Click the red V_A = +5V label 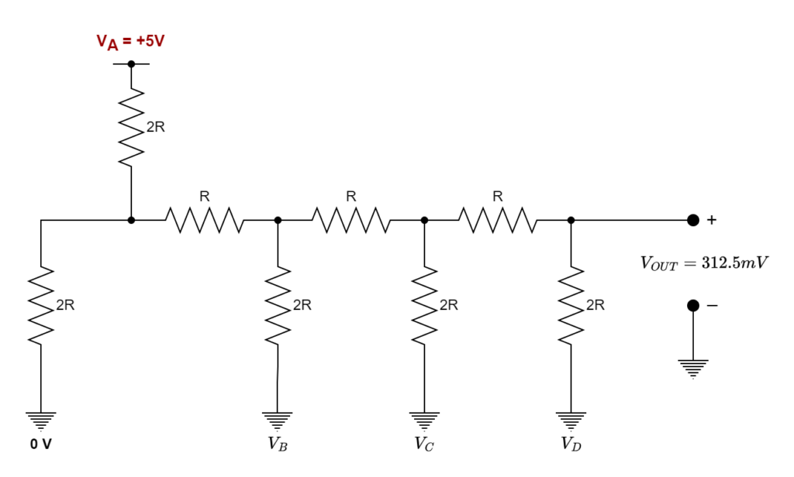point(130,40)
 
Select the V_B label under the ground point(278,444)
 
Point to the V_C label point(424,444)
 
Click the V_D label point(571,444)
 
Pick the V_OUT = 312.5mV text point(704,263)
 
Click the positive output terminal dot point(692,220)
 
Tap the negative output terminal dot point(692,307)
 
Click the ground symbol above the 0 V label point(41,421)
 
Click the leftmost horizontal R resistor point(204,221)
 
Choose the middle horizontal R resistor point(350,221)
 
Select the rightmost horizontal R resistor point(497,221)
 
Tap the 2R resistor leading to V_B point(278,305)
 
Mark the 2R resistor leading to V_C point(424,305)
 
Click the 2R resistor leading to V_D point(571,305)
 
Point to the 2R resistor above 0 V point(41,305)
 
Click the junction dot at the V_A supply point(131,63)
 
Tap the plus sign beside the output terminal point(712,221)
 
